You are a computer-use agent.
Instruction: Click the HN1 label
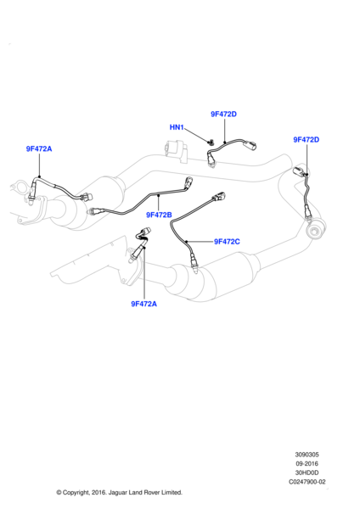tap(177, 127)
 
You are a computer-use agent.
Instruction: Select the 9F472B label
tap(159, 215)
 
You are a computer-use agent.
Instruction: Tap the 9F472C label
tap(227, 242)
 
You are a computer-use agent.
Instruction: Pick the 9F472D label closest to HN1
tap(223, 114)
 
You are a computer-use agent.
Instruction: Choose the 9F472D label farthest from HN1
tap(306, 140)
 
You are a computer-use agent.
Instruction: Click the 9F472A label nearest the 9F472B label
tap(144, 304)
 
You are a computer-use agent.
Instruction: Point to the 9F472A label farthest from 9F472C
tap(39, 148)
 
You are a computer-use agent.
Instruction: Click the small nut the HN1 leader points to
tap(211, 142)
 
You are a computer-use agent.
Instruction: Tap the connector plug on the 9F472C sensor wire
tap(219, 197)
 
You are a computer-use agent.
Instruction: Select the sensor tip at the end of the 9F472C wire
tap(194, 261)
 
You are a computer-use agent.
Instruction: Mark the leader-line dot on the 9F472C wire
tap(187, 242)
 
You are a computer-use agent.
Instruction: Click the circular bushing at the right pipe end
tap(315, 230)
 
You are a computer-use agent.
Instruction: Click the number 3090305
tap(307, 455)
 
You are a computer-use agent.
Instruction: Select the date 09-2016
tap(307, 463)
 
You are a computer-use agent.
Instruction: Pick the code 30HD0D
tap(307, 473)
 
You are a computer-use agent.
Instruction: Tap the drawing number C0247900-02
tap(307, 482)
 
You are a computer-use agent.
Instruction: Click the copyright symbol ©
tap(59, 492)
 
